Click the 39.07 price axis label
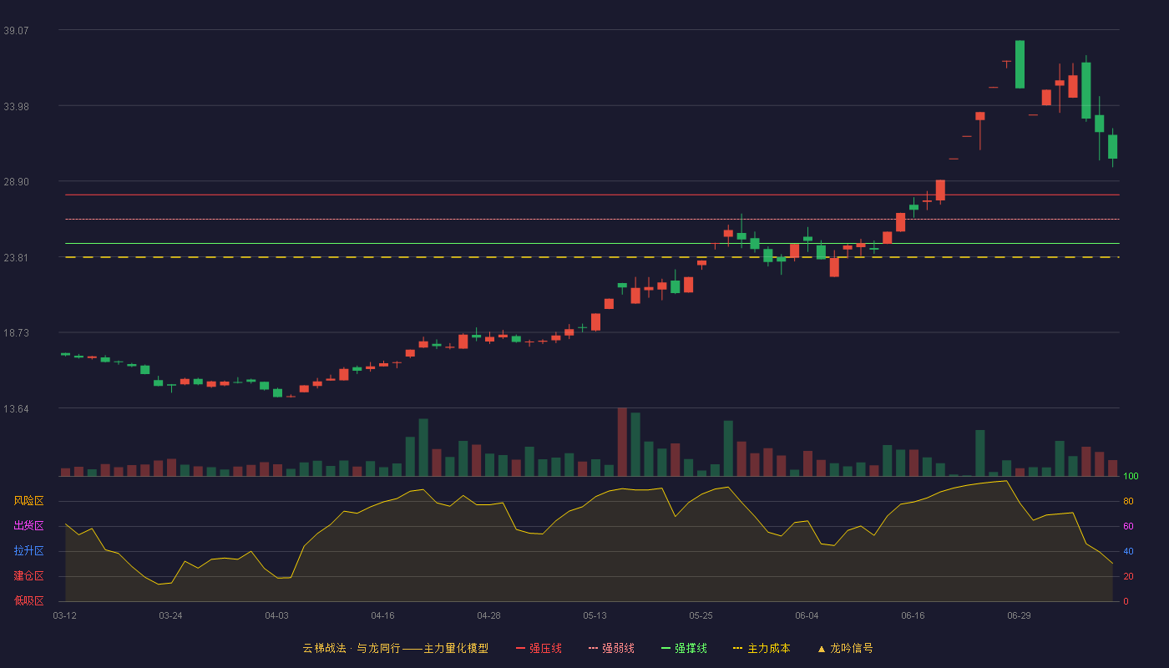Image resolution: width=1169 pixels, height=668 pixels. pos(16,30)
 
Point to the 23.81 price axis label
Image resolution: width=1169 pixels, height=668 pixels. pos(16,258)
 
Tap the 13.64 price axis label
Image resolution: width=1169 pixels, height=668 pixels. pos(16,408)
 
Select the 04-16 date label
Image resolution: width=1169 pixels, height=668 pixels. pos(382,616)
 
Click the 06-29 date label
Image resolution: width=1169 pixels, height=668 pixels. pos(1019,616)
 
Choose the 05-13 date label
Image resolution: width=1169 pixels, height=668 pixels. pos(595,616)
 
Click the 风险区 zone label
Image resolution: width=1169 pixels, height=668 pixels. pos(28,501)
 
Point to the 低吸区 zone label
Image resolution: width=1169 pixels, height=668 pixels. pos(28,601)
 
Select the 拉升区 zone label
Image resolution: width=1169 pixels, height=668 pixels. pos(28,551)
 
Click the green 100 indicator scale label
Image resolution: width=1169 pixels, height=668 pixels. pos(1131,476)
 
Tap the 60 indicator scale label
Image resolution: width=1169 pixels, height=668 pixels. pos(1128,526)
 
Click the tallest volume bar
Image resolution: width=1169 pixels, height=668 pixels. pos(622,442)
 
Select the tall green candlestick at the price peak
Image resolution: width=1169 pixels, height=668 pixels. pos(1020,64)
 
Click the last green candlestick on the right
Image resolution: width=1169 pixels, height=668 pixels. pos(1112,147)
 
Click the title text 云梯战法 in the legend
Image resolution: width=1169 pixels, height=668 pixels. pos(324,648)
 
